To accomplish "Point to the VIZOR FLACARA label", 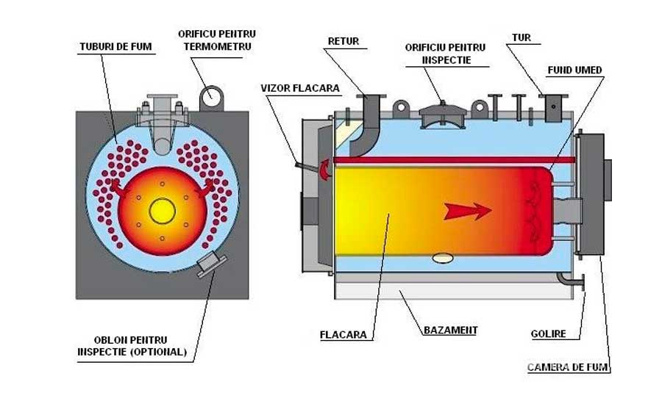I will (x=300, y=87).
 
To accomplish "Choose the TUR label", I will (x=521, y=36).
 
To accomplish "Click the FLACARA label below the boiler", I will (x=344, y=335).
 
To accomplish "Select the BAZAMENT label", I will (x=450, y=330).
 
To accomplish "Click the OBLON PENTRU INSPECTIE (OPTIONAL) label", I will (x=132, y=345).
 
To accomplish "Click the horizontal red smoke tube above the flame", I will (x=441, y=160).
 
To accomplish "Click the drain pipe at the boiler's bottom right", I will (x=570, y=280).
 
